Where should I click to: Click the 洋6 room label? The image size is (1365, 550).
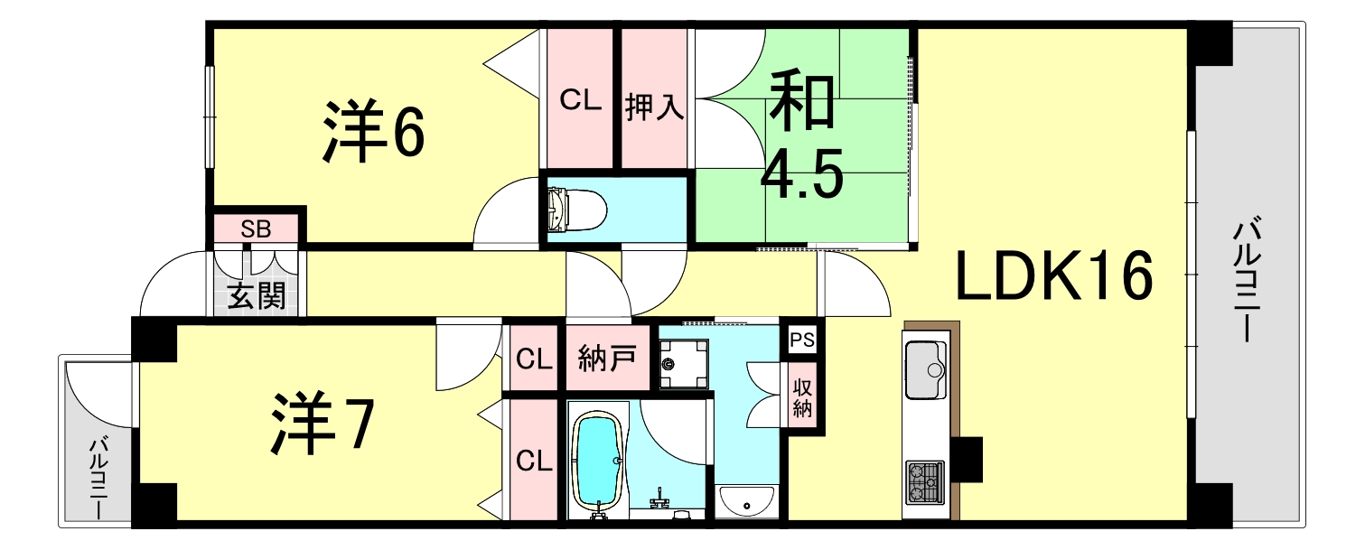373,134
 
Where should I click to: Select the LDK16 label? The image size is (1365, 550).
1054,276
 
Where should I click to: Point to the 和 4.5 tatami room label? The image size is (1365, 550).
801,135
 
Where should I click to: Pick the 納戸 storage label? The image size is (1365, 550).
607,359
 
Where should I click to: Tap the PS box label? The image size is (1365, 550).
801,340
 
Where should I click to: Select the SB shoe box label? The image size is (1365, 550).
256,228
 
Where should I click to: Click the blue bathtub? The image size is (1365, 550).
599,461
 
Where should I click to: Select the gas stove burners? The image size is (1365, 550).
924,481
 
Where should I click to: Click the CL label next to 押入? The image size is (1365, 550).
580,99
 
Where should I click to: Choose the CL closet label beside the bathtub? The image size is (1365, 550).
534,461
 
